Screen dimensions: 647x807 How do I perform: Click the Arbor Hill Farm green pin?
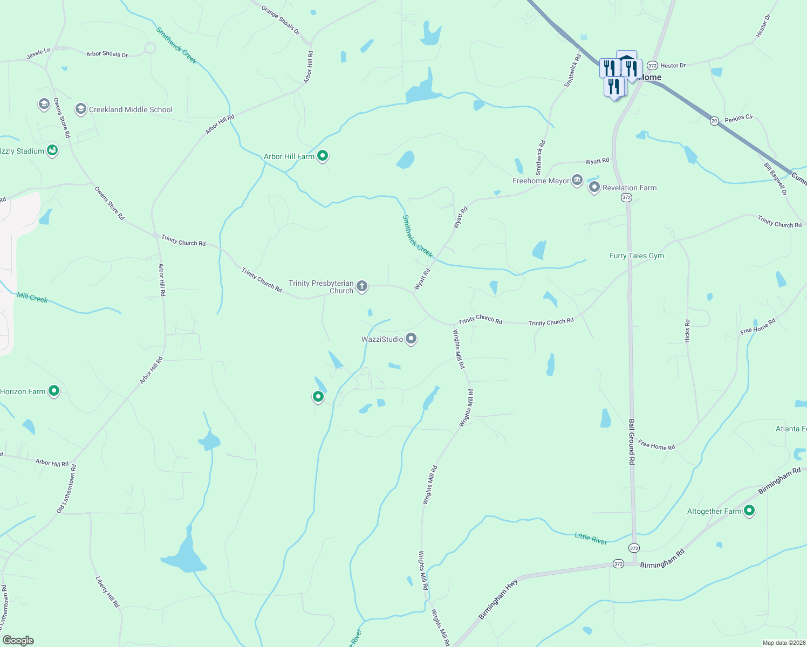click(x=323, y=156)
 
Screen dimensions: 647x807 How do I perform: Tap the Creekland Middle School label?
click(x=131, y=109)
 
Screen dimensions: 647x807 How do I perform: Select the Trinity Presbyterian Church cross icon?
click(x=362, y=286)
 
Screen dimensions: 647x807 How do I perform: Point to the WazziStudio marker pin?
click(x=411, y=339)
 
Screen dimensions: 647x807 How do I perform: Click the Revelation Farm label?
click(x=630, y=188)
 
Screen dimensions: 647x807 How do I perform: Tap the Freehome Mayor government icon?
click(x=577, y=180)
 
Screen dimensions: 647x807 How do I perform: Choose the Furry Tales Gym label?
click(x=637, y=256)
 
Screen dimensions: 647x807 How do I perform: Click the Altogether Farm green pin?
click(x=749, y=510)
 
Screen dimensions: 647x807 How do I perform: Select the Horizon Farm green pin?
click(x=54, y=390)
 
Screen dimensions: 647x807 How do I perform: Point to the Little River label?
click(x=591, y=538)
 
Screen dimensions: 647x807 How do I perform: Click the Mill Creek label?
click(x=32, y=298)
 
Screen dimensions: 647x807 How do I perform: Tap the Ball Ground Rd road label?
click(x=632, y=442)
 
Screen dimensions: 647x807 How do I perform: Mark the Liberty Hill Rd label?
click(x=107, y=592)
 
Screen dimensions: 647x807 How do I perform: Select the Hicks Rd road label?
click(x=687, y=331)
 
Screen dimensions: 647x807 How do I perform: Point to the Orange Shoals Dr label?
click(x=280, y=20)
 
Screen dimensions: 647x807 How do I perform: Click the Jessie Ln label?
click(x=38, y=54)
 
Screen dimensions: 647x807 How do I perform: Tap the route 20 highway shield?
click(x=714, y=121)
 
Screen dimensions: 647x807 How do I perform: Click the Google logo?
click(x=18, y=641)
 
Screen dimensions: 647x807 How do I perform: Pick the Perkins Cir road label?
click(x=739, y=118)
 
